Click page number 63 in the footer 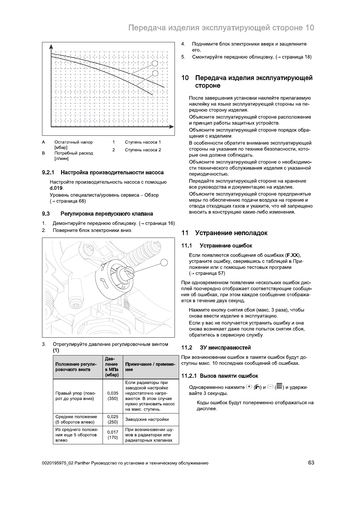(x=311, y=463)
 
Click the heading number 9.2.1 (x=48, y=173)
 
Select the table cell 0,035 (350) (x=113, y=396)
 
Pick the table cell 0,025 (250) (x=113, y=419)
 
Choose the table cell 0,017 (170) (x=113, y=435)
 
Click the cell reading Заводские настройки (x=147, y=419)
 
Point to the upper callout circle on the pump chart (x=155, y=63)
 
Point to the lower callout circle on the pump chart (x=155, y=73)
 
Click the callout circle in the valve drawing (x=164, y=262)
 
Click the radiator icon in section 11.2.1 (x=279, y=387)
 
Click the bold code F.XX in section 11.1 (x=293, y=255)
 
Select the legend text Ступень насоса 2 (x=143, y=150)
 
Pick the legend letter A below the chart (x=44, y=142)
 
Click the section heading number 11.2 (x=187, y=348)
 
